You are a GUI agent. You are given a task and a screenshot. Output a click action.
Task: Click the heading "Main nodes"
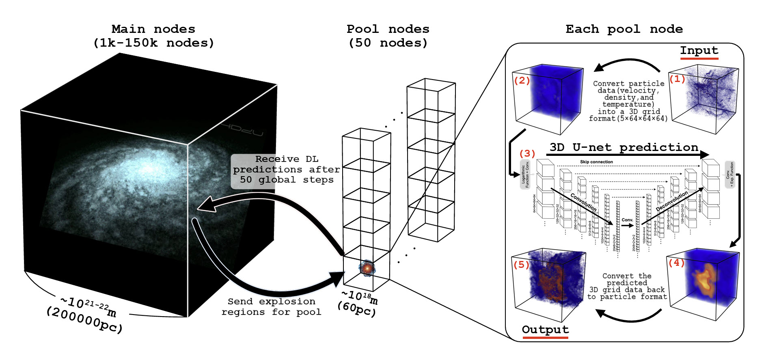153,29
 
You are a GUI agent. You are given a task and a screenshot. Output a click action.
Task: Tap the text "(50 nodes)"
388,43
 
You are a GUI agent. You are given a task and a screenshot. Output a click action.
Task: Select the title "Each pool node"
624,29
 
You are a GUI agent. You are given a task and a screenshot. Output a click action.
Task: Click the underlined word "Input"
699,51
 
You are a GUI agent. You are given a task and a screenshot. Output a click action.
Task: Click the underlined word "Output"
545,330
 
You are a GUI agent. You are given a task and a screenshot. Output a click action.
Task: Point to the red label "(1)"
677,79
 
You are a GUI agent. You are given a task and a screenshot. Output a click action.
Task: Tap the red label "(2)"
522,80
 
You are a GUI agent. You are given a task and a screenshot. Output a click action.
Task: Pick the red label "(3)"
527,153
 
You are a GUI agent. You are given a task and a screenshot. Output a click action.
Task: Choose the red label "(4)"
676,263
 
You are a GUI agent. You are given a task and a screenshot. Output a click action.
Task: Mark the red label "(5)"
521,265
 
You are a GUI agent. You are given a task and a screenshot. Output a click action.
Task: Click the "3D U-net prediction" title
624,147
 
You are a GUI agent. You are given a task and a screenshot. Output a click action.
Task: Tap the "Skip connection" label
596,162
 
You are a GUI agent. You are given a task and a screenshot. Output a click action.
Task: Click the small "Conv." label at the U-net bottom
627,220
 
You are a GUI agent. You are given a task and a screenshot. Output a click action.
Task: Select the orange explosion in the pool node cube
367,268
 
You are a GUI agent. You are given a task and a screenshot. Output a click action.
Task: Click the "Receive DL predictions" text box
286,170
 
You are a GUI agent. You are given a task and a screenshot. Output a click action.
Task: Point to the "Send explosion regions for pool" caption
271,307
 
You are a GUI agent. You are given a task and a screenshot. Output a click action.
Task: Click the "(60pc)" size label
356,309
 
